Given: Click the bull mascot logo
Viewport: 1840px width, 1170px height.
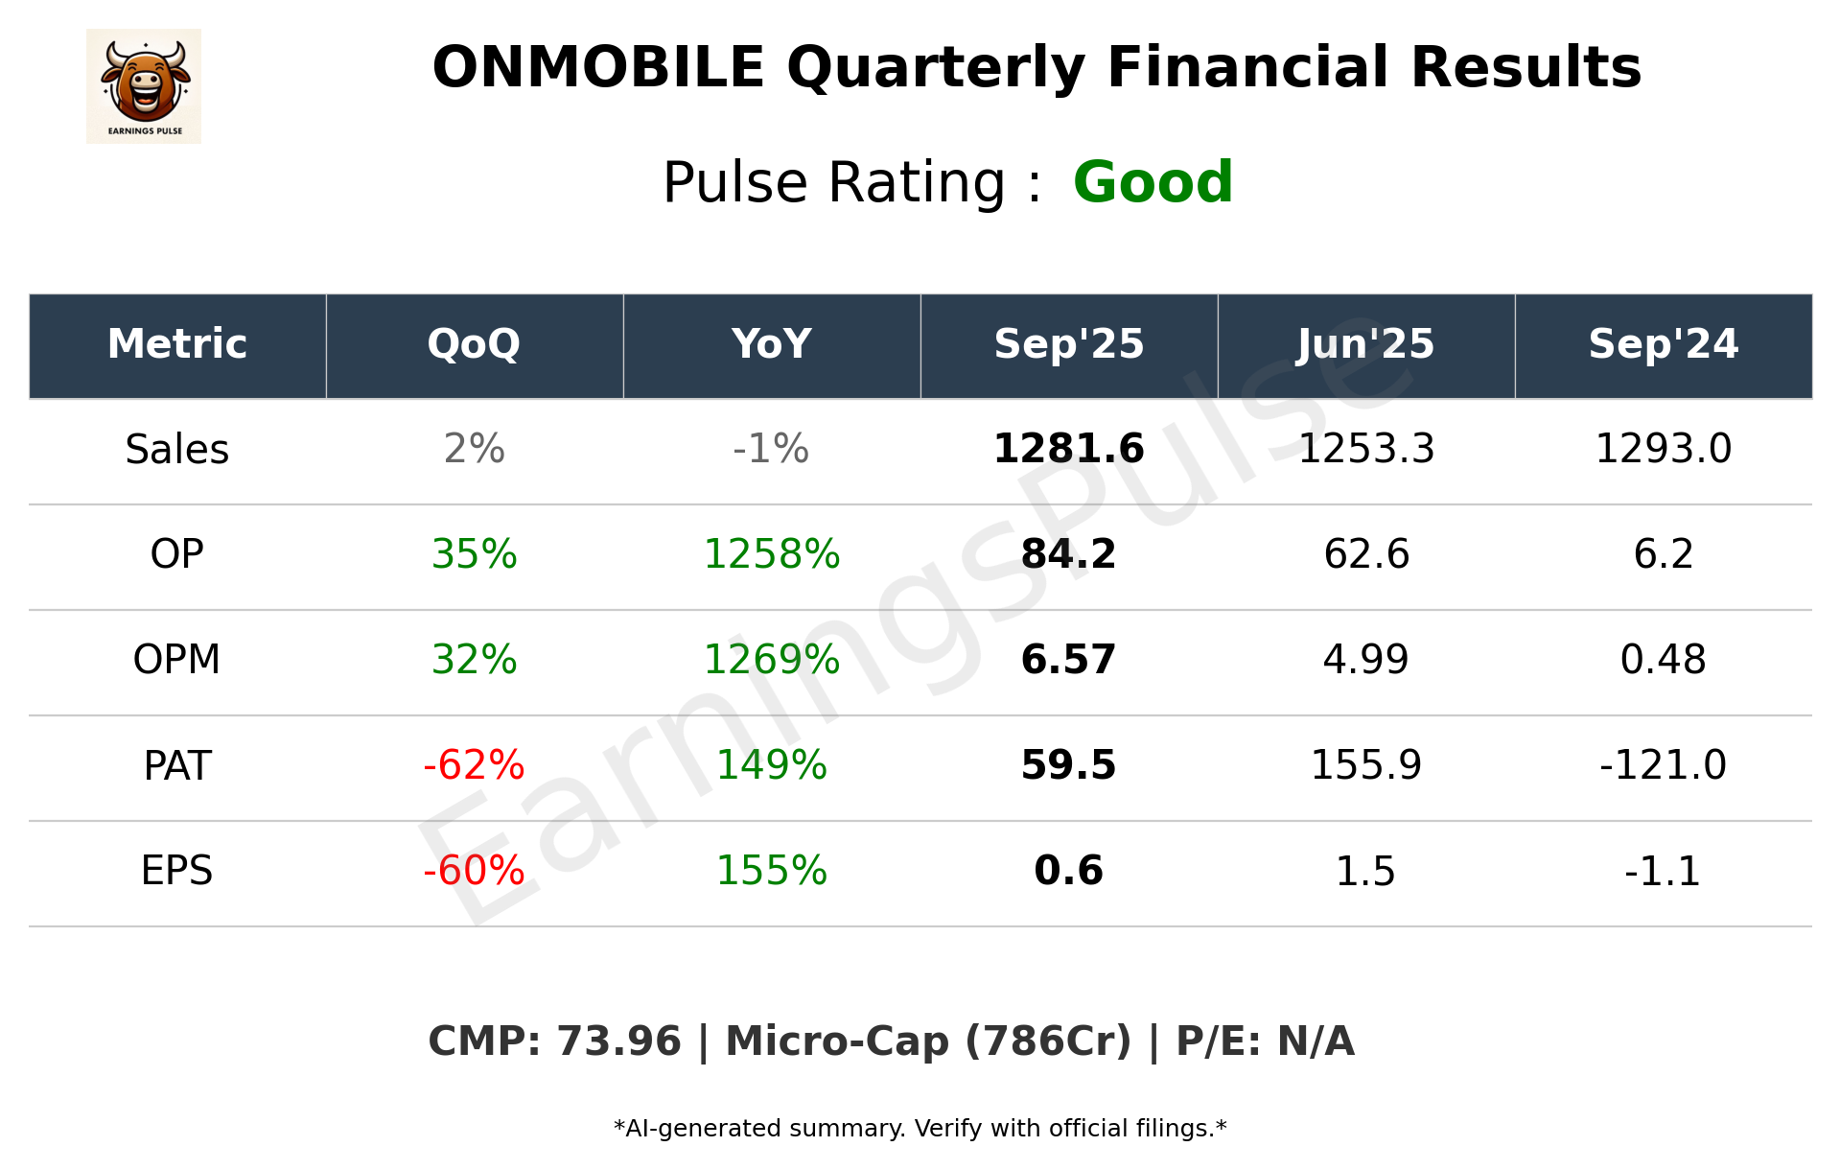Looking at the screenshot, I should (144, 85).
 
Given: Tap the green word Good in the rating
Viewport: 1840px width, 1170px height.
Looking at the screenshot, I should (1153, 182).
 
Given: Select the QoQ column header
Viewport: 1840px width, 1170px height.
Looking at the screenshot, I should (474, 344).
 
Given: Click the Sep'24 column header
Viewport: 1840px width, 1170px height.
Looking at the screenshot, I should (1663, 344).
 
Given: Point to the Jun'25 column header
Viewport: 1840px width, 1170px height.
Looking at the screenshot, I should (1365, 344).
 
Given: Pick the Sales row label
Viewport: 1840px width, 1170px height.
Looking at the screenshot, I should (177, 450).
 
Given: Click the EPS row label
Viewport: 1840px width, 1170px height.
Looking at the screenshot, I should (177, 871).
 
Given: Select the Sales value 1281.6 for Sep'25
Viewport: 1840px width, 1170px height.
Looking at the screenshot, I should (1068, 449).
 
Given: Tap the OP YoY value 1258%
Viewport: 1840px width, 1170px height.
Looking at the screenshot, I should (772, 554).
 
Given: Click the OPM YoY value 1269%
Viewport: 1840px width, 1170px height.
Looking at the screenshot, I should (772, 660).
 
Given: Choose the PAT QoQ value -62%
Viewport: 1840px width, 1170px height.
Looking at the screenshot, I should (474, 765).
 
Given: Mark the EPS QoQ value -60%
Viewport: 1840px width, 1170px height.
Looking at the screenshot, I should (474, 871).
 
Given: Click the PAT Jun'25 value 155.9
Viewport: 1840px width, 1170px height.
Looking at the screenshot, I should (1365, 765).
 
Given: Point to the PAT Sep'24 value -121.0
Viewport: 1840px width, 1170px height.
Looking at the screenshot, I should (1663, 765).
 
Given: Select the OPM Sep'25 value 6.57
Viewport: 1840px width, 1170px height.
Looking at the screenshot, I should (1068, 660).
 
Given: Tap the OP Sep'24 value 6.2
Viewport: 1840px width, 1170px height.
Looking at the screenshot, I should (1663, 554).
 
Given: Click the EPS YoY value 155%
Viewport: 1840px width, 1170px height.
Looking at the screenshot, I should (772, 871).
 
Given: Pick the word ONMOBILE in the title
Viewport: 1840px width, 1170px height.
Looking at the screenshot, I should (598, 68).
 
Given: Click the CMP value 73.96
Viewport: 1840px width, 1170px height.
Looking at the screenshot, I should (618, 1041).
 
